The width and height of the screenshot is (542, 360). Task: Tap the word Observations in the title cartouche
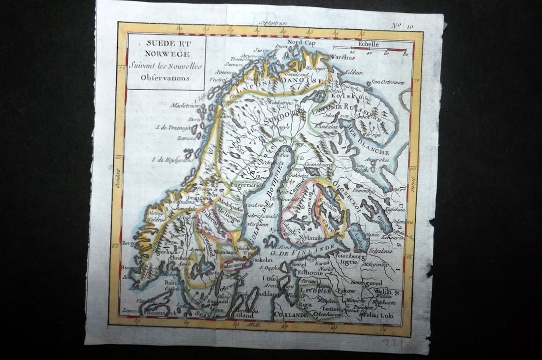[165, 77]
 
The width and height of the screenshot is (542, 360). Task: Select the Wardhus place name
[342, 57]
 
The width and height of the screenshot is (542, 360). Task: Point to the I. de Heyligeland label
[160, 160]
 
